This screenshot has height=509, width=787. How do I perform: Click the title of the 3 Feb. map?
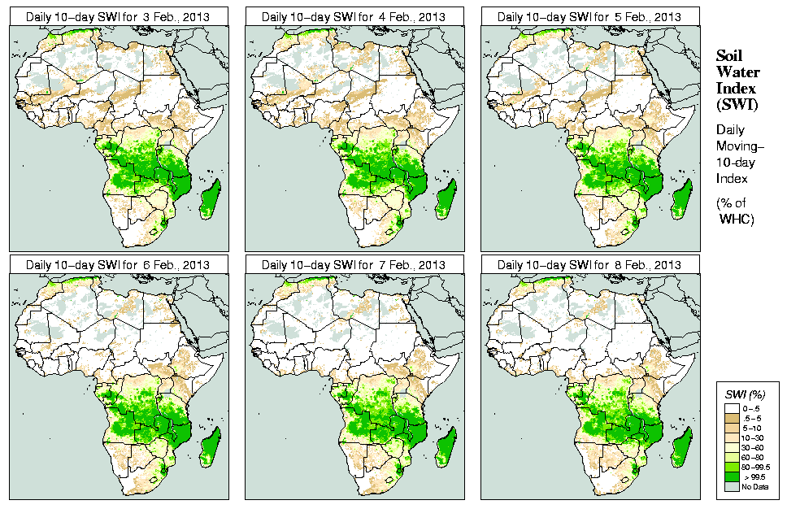point(118,16)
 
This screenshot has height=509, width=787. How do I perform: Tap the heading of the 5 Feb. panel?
point(589,16)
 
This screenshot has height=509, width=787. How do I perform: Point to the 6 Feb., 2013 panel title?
point(118,265)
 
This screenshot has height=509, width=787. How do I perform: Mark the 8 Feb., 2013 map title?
point(589,265)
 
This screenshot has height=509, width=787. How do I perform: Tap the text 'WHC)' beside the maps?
point(737,220)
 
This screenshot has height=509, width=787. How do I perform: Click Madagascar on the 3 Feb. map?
point(211,199)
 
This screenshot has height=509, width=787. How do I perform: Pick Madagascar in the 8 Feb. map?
point(682,448)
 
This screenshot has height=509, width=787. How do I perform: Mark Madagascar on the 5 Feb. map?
point(682,199)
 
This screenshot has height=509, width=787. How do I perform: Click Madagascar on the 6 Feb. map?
point(211,448)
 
